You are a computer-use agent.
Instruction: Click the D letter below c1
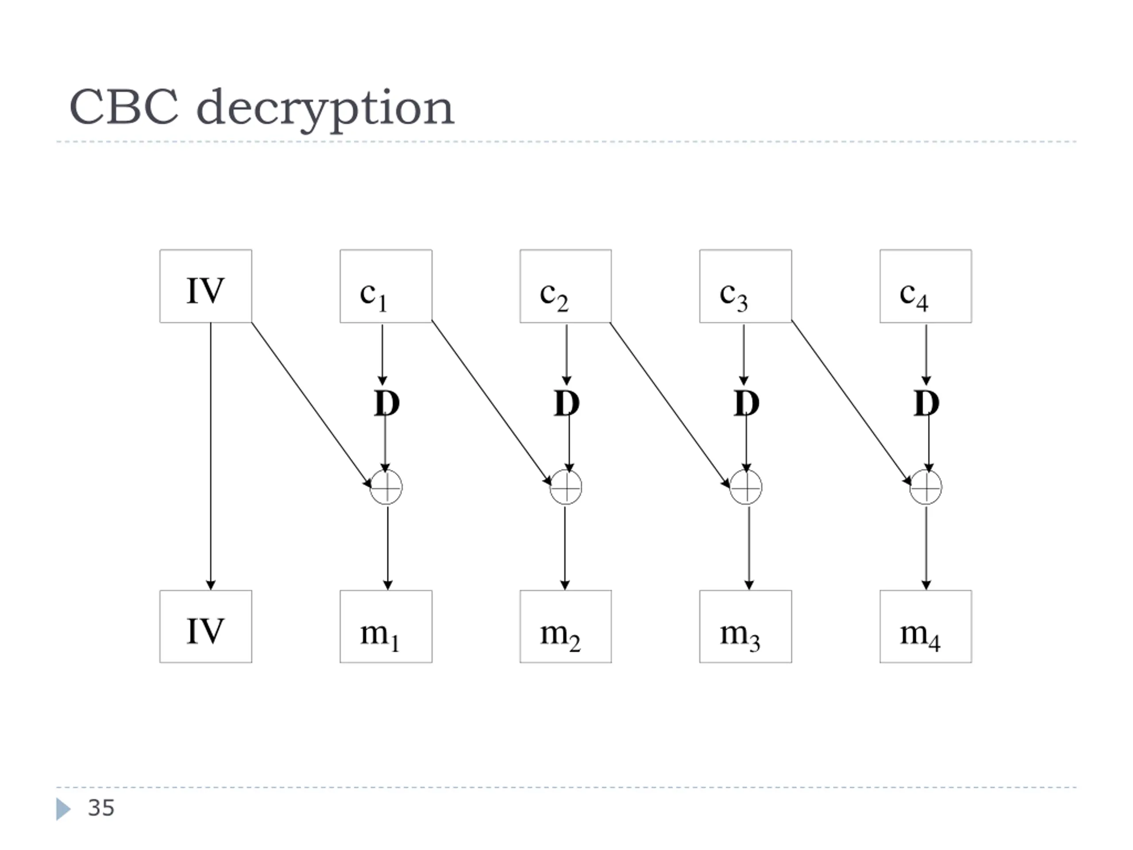pyautogui.click(x=387, y=403)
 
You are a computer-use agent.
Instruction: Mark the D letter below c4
pyautogui.click(x=927, y=403)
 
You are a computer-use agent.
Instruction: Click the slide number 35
pyautogui.click(x=101, y=808)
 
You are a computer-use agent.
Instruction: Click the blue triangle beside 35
pyautogui.click(x=63, y=809)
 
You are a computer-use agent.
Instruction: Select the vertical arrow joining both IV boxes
pyautogui.click(x=211, y=456)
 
